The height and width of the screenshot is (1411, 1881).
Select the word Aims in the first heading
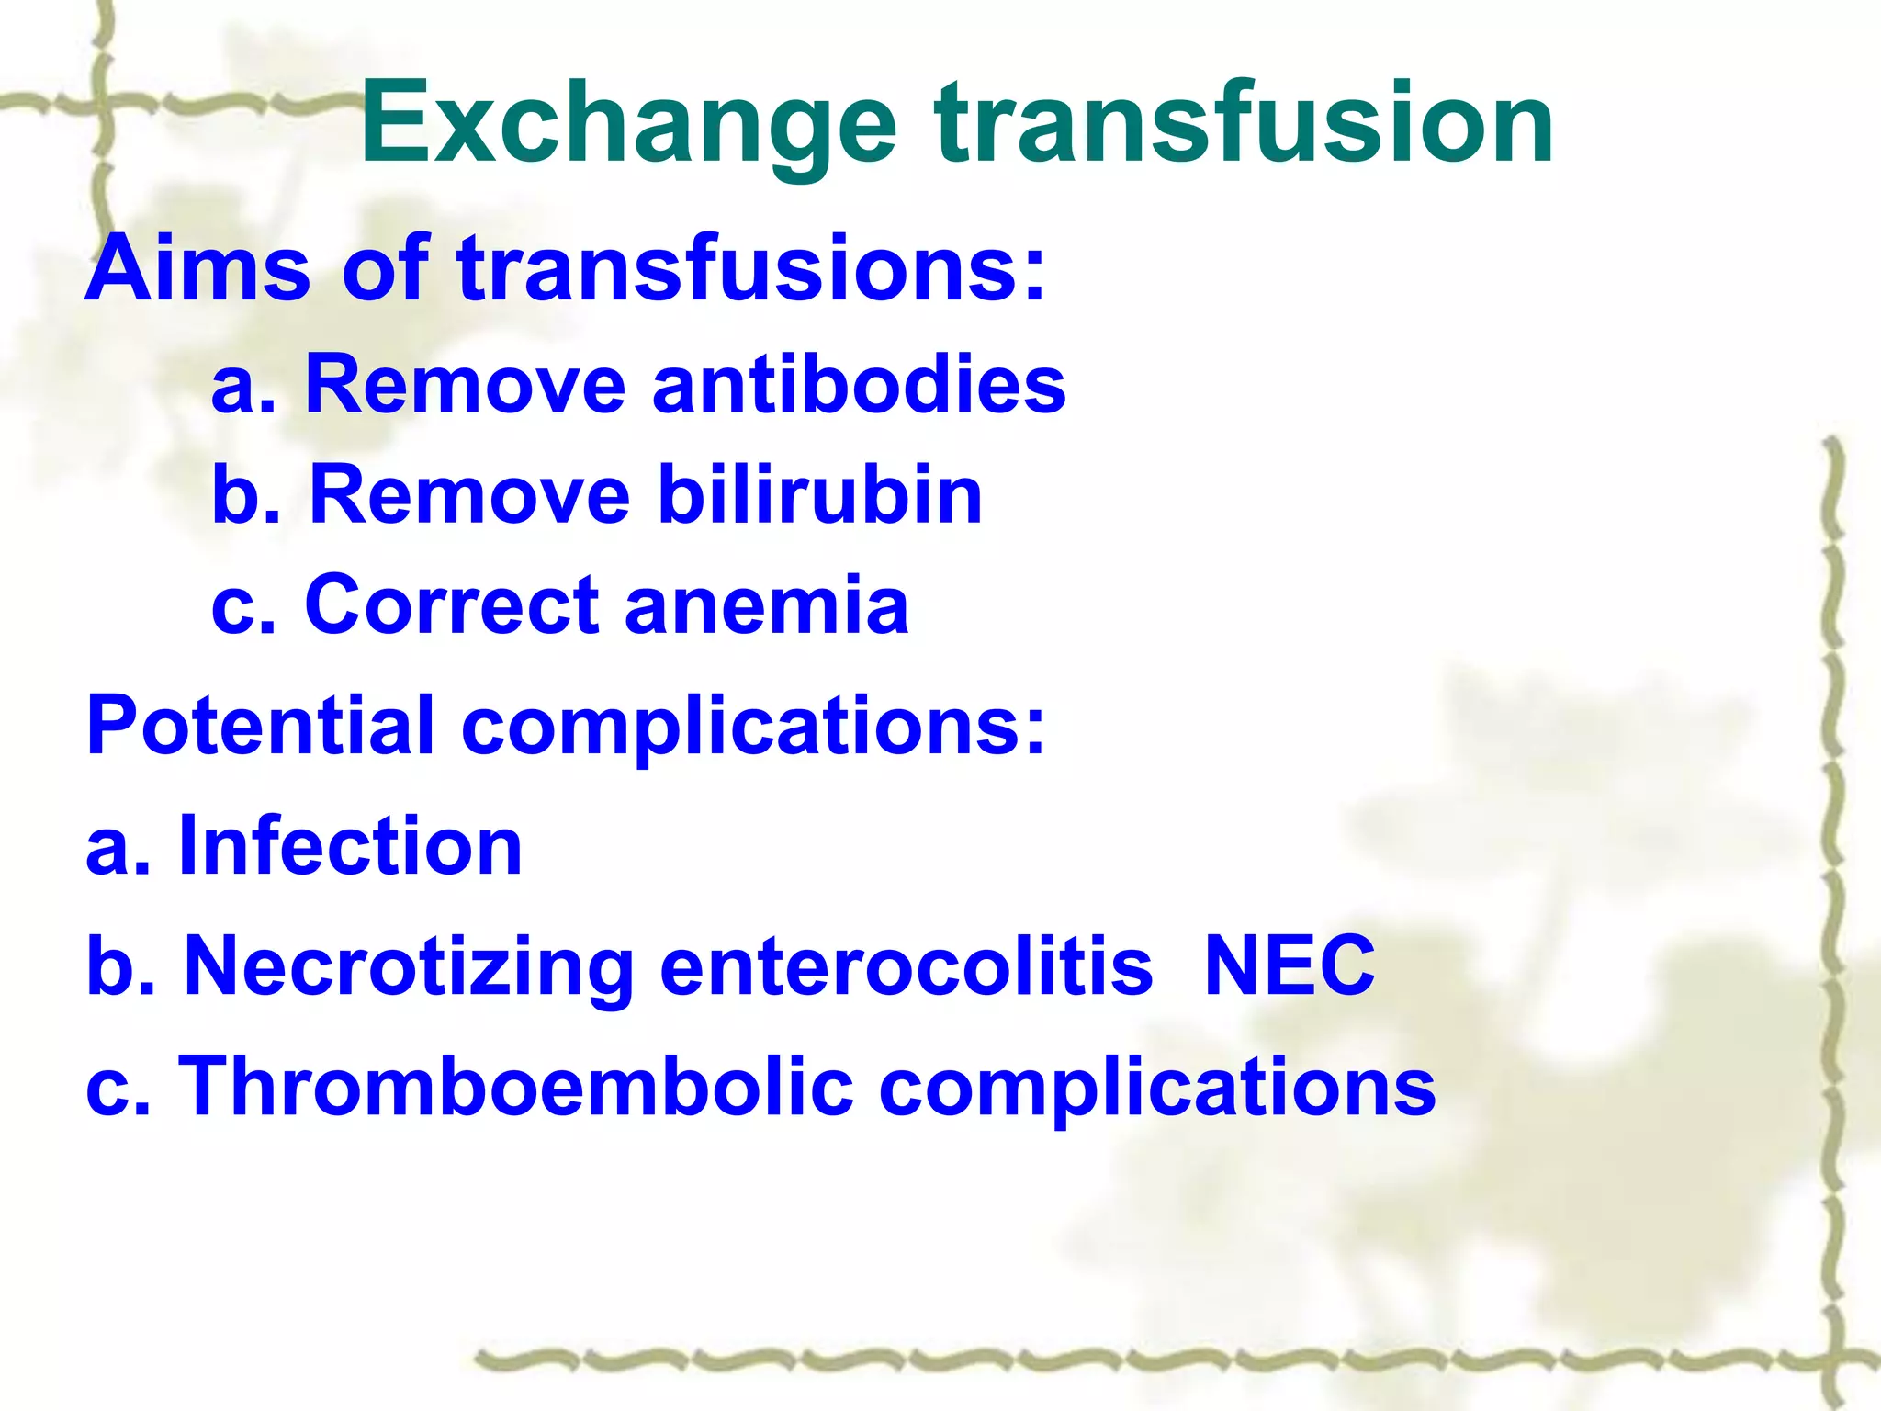(197, 268)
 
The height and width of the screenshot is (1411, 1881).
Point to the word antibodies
(859, 384)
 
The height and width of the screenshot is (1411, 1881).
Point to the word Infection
(350, 846)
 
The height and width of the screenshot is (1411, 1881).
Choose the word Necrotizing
(410, 966)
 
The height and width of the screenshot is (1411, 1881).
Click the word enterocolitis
(906, 966)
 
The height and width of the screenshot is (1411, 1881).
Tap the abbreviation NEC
(1289, 966)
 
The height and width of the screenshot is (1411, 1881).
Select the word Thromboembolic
(515, 1087)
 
